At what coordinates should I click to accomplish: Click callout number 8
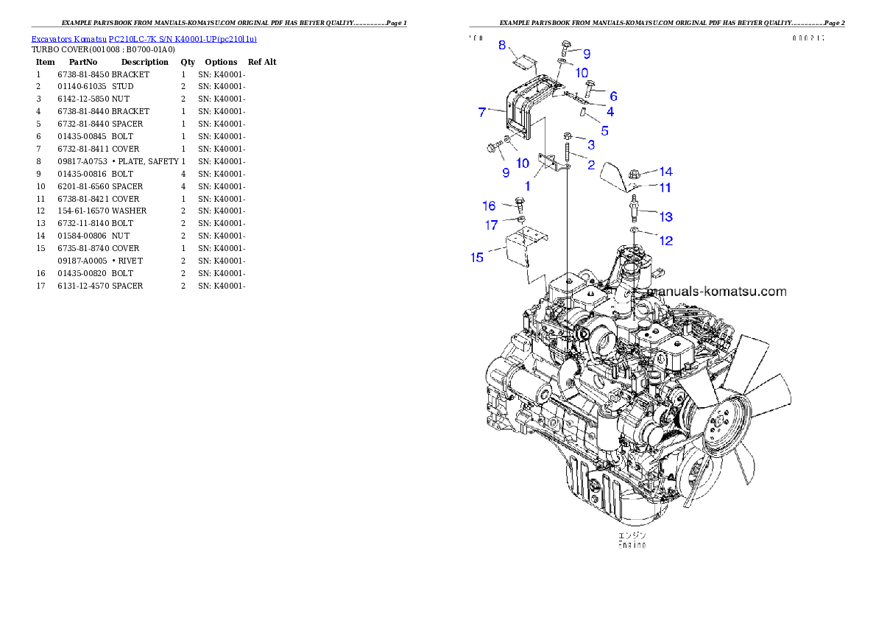[x=502, y=46]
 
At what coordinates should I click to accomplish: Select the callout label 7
[x=481, y=112]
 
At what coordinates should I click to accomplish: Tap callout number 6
[x=613, y=96]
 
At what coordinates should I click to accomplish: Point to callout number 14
[x=665, y=172]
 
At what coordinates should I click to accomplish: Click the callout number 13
[x=665, y=216]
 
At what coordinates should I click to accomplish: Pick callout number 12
[x=665, y=241]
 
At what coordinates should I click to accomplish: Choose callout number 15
[x=477, y=257]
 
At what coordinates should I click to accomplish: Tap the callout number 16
[x=489, y=206]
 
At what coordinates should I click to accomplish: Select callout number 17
[x=490, y=225]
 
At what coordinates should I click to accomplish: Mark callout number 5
[x=604, y=130]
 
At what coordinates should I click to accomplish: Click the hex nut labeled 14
[x=634, y=175]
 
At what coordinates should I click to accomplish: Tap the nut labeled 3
[x=568, y=136]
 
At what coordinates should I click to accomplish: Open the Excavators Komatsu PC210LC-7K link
[x=144, y=39]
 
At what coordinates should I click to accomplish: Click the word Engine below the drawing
[x=632, y=545]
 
